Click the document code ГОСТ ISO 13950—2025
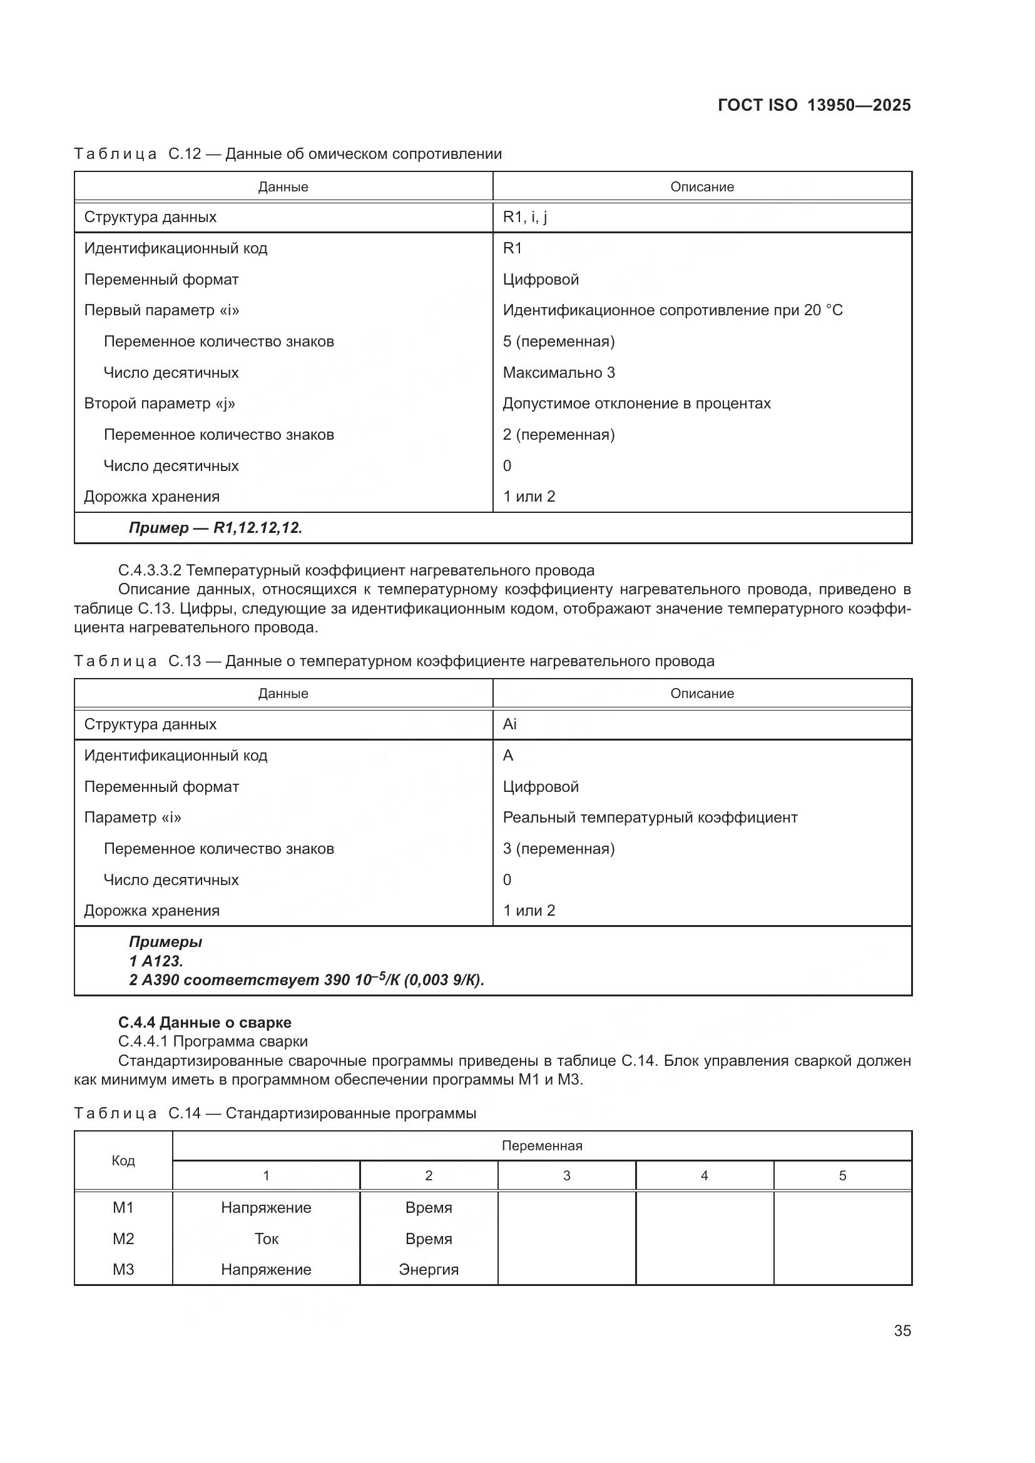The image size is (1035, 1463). (814, 105)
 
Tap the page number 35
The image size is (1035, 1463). (902, 1330)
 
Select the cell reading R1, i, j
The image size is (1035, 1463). (524, 217)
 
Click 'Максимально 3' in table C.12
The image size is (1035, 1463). (558, 373)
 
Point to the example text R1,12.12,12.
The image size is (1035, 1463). (215, 528)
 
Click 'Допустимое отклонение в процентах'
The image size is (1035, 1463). (636, 403)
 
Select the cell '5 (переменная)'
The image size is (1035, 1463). (558, 342)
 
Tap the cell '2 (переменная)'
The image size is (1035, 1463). (558, 435)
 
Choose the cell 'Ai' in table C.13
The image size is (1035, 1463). (509, 724)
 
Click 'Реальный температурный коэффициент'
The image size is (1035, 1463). (650, 818)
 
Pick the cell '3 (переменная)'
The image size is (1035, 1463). (558, 849)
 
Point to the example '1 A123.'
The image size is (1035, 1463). (156, 961)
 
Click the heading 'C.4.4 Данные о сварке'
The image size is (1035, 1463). (205, 1023)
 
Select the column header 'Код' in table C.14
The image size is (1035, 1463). (123, 1160)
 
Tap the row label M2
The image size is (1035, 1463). (123, 1238)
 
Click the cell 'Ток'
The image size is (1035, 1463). (266, 1238)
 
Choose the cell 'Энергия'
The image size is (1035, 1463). (428, 1269)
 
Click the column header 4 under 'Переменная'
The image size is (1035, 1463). (704, 1176)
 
